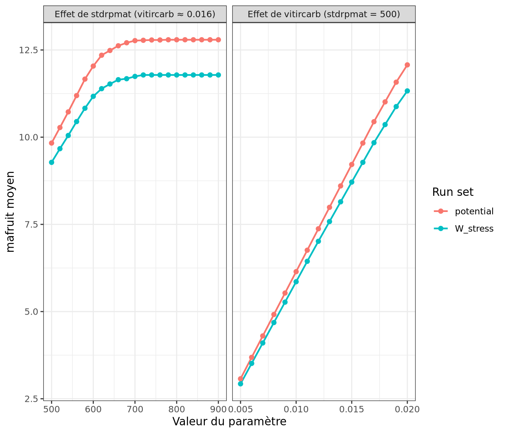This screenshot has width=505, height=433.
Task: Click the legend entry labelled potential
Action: pyautogui.click(x=474, y=211)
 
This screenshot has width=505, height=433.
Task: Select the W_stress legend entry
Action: pyautogui.click(x=474, y=229)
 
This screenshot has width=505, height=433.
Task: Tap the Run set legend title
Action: pyautogui.click(x=452, y=192)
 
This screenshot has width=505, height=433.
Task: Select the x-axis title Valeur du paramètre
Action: pyautogui.click(x=229, y=422)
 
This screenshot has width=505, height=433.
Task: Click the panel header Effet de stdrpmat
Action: pyautogui.click(x=135, y=14)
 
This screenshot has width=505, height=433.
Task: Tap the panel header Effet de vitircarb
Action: pyautogui.click(x=324, y=14)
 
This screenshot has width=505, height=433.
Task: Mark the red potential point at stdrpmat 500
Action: pyautogui.click(x=51, y=143)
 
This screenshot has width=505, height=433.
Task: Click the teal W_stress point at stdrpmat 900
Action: pyautogui.click(x=218, y=75)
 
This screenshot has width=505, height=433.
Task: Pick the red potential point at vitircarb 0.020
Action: pyautogui.click(x=407, y=65)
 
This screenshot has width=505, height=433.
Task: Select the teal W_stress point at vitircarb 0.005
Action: pyautogui.click(x=240, y=384)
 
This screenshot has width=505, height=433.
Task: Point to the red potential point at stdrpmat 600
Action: pyautogui.click(x=93, y=66)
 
